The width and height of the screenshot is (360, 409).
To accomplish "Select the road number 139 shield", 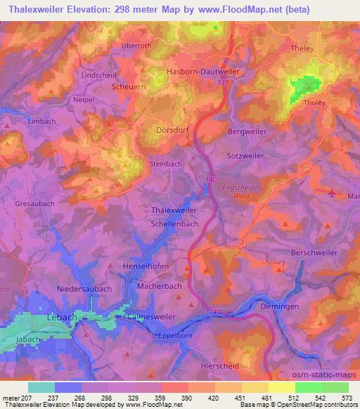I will [x=224, y=84].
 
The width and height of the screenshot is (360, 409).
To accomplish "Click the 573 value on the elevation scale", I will [x=345, y=398].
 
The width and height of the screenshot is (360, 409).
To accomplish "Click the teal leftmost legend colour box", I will [x=41, y=387].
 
